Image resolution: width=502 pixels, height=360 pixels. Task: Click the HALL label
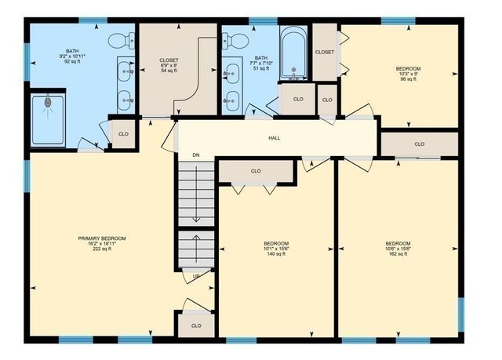(x=275, y=138)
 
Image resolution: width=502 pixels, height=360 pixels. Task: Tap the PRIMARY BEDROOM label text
(x=102, y=238)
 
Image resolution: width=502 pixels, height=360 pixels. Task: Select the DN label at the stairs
(x=196, y=155)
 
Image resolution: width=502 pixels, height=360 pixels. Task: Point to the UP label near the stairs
(x=196, y=276)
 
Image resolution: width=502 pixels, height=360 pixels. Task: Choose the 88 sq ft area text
(x=408, y=79)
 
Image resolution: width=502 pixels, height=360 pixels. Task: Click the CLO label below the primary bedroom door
(x=196, y=325)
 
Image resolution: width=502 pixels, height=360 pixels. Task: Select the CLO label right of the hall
(x=420, y=144)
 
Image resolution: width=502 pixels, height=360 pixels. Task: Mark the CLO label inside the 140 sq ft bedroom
(x=256, y=171)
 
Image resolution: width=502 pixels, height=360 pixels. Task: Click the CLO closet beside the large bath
(x=123, y=134)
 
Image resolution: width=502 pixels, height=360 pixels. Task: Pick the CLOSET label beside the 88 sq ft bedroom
(x=325, y=53)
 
